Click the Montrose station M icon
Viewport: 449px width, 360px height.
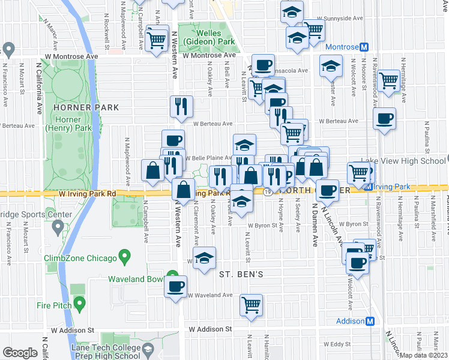(363, 47)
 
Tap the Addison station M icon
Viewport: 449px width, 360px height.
(370, 321)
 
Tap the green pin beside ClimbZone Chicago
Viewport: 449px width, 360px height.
(125, 258)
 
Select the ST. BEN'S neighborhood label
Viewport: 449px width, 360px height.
(241, 274)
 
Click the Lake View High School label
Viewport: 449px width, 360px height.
(403, 161)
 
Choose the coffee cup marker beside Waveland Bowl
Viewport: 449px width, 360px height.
(176, 286)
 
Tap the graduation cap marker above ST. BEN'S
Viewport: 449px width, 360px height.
(205, 257)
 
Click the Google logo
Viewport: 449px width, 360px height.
(20, 352)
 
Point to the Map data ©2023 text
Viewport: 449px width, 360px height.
(424, 355)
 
